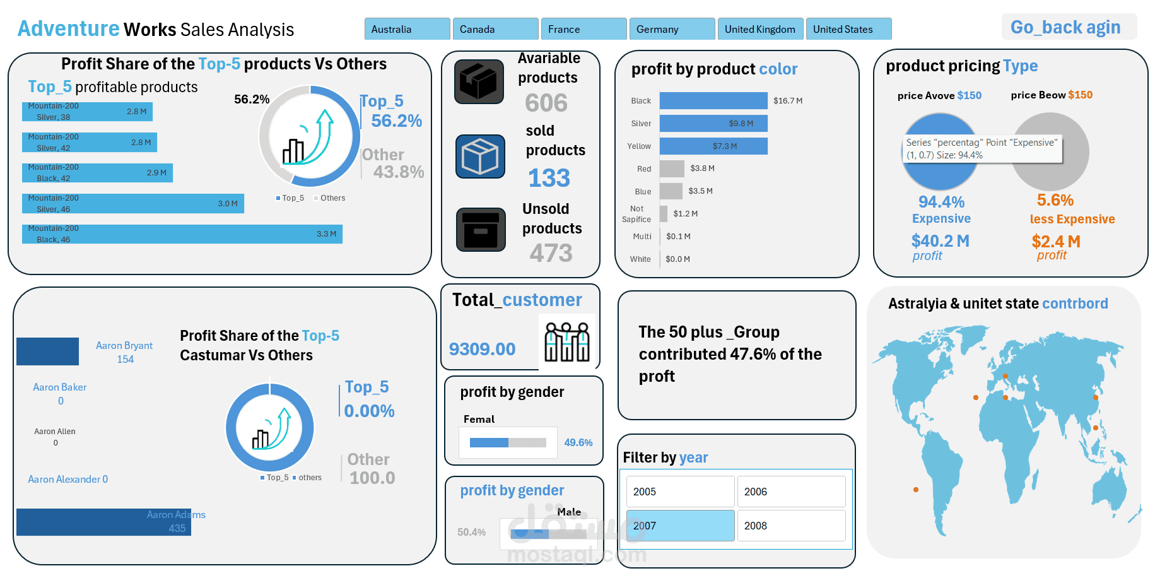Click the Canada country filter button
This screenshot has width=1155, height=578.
coord(495,29)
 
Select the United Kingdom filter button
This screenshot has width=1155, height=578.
coord(759,29)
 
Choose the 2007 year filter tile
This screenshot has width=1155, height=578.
coord(680,526)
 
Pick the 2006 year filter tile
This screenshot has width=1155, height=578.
coord(791,492)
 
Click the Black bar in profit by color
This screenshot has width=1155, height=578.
coord(713,100)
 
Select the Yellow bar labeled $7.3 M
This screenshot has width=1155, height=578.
coord(713,146)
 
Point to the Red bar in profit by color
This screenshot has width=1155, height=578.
coord(672,168)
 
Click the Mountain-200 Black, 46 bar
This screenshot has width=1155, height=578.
coord(182,234)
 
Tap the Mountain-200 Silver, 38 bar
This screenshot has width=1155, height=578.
coord(87,112)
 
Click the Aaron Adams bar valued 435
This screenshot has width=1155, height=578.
coord(103,522)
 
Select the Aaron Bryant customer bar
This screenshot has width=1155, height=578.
coord(47,351)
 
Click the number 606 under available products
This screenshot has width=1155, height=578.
coord(546,103)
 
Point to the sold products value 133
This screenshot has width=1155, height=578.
coord(549,179)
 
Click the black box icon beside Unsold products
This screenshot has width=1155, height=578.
coord(481,230)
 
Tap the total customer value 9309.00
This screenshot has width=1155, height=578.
coord(482,349)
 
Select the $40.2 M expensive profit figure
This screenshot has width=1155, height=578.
coord(940,241)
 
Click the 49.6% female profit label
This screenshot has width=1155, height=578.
coord(578,442)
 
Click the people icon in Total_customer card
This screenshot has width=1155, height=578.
coord(566,342)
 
